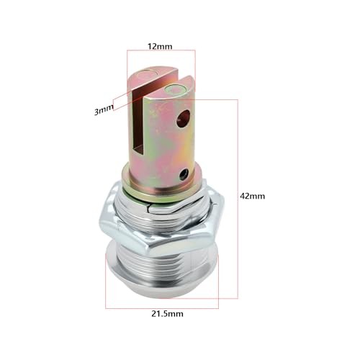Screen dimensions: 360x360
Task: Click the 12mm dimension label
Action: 160,46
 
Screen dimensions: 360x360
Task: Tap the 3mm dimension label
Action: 103,110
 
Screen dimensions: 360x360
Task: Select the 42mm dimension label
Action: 253,196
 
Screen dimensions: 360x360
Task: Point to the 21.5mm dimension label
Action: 167,314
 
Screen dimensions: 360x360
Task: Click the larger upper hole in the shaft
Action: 184,119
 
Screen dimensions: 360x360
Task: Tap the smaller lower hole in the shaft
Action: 184,174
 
